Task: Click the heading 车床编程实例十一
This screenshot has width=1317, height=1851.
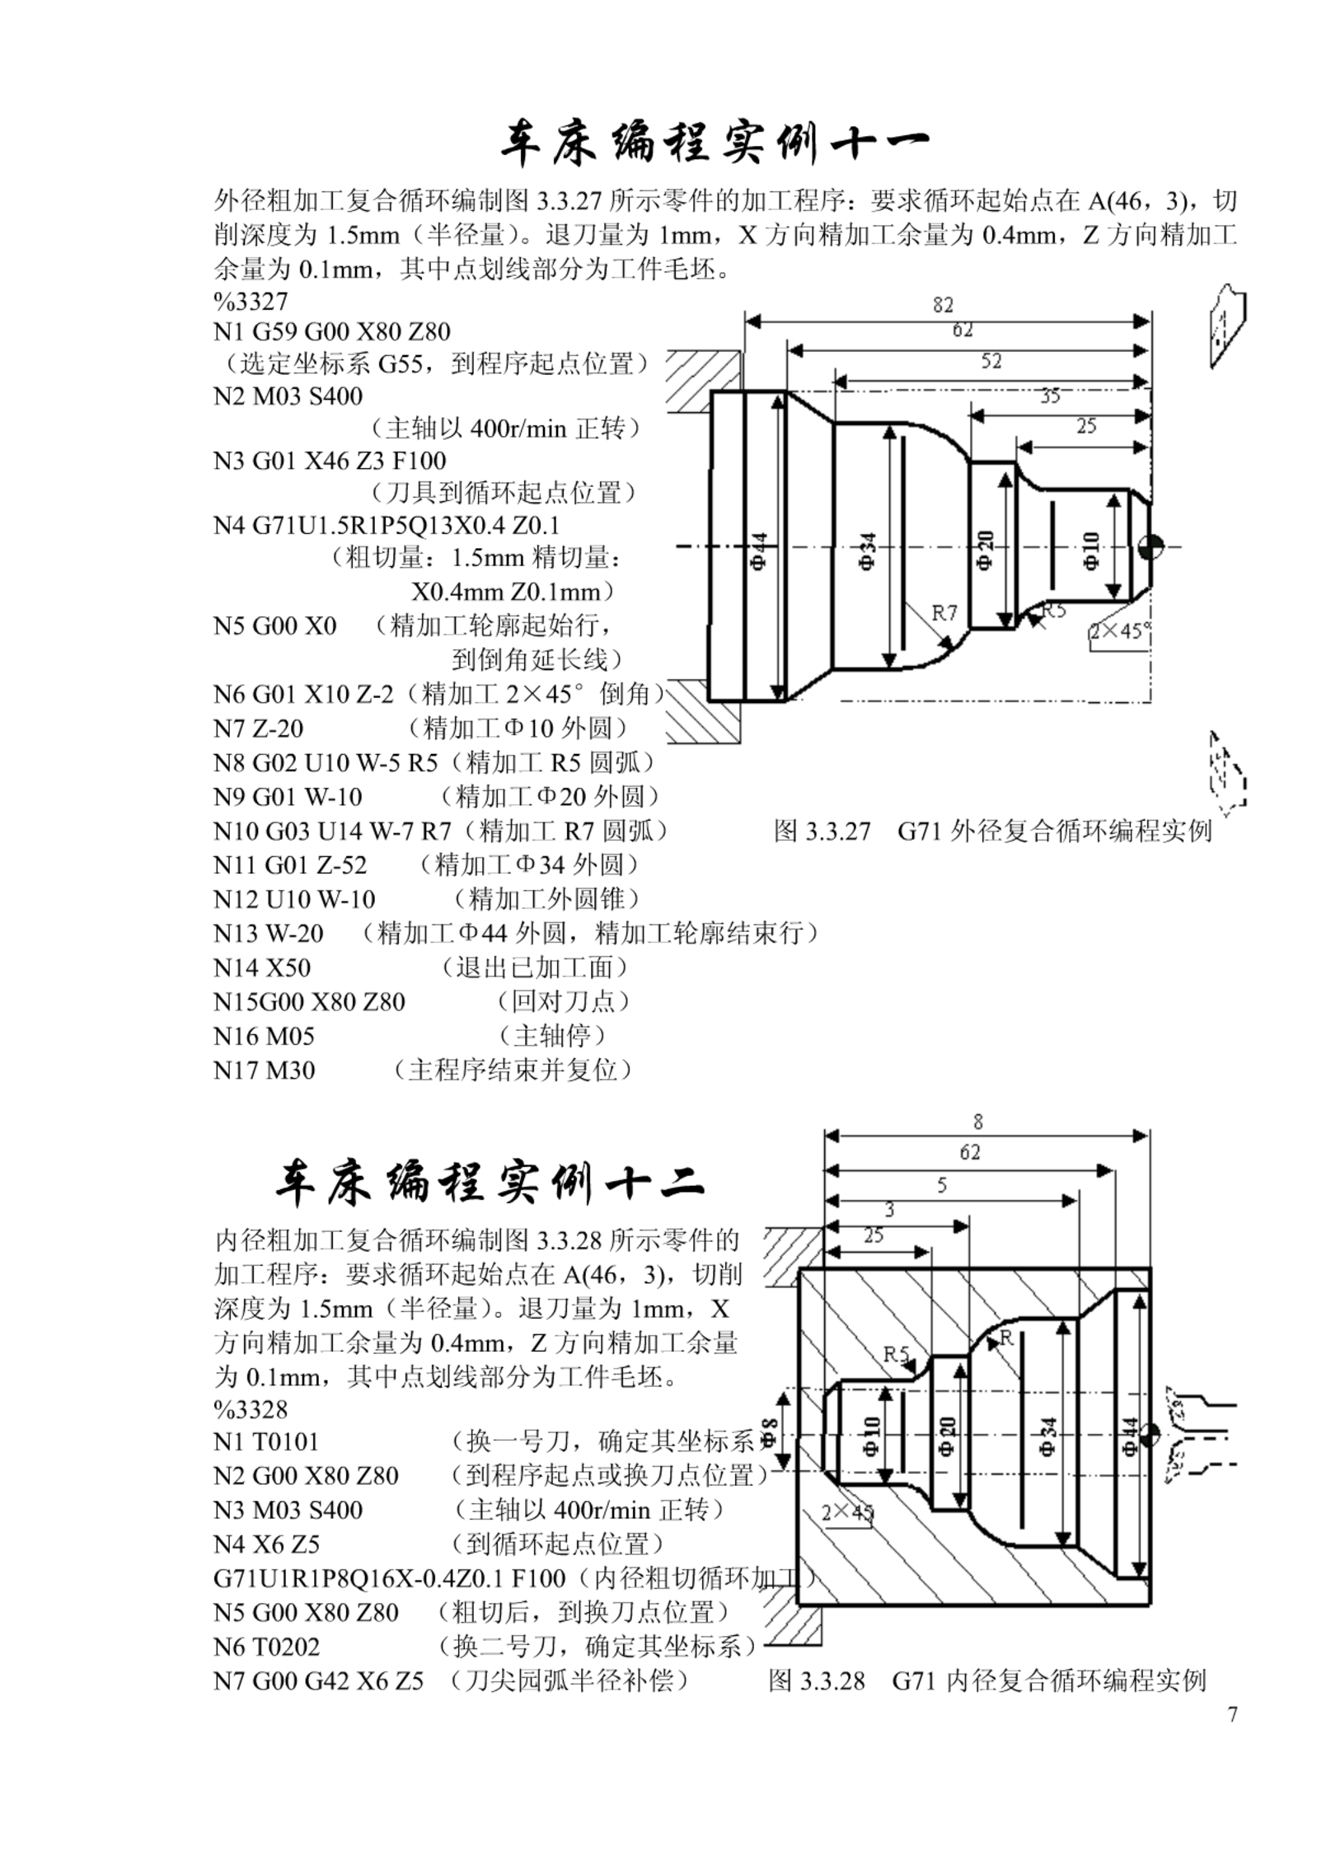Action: tap(715, 145)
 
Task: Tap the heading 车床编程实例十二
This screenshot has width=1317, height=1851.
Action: tap(490, 1183)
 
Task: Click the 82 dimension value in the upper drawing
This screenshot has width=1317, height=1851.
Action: tap(943, 305)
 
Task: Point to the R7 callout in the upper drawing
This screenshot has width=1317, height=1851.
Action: tap(944, 612)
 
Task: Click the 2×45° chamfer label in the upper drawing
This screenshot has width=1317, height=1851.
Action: tap(1120, 631)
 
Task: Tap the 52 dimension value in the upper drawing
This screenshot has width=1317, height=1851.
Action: tap(991, 361)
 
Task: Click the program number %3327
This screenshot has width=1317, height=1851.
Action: tap(251, 301)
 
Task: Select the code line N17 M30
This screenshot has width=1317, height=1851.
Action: tap(264, 1070)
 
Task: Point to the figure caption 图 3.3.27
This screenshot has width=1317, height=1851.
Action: tap(822, 831)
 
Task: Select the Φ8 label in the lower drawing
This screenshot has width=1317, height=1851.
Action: tap(768, 1432)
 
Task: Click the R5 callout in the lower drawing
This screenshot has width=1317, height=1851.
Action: tap(896, 1354)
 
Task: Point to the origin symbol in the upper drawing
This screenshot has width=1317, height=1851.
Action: tap(1150, 546)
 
